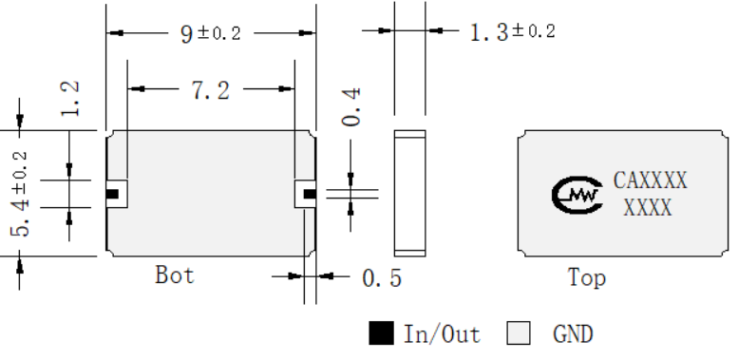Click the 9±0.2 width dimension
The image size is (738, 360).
coord(211,33)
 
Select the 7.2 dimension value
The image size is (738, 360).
coord(211,90)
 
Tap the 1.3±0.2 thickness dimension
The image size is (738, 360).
coord(513,32)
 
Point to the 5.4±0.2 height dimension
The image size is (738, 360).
coord(20,195)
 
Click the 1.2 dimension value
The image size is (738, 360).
coord(69,99)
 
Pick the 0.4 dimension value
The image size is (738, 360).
coord(350,106)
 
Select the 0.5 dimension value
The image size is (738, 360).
coord(382,278)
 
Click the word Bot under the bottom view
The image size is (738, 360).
coord(174,275)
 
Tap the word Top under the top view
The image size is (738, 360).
coord(586,277)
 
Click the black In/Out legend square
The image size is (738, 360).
coord(381,333)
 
